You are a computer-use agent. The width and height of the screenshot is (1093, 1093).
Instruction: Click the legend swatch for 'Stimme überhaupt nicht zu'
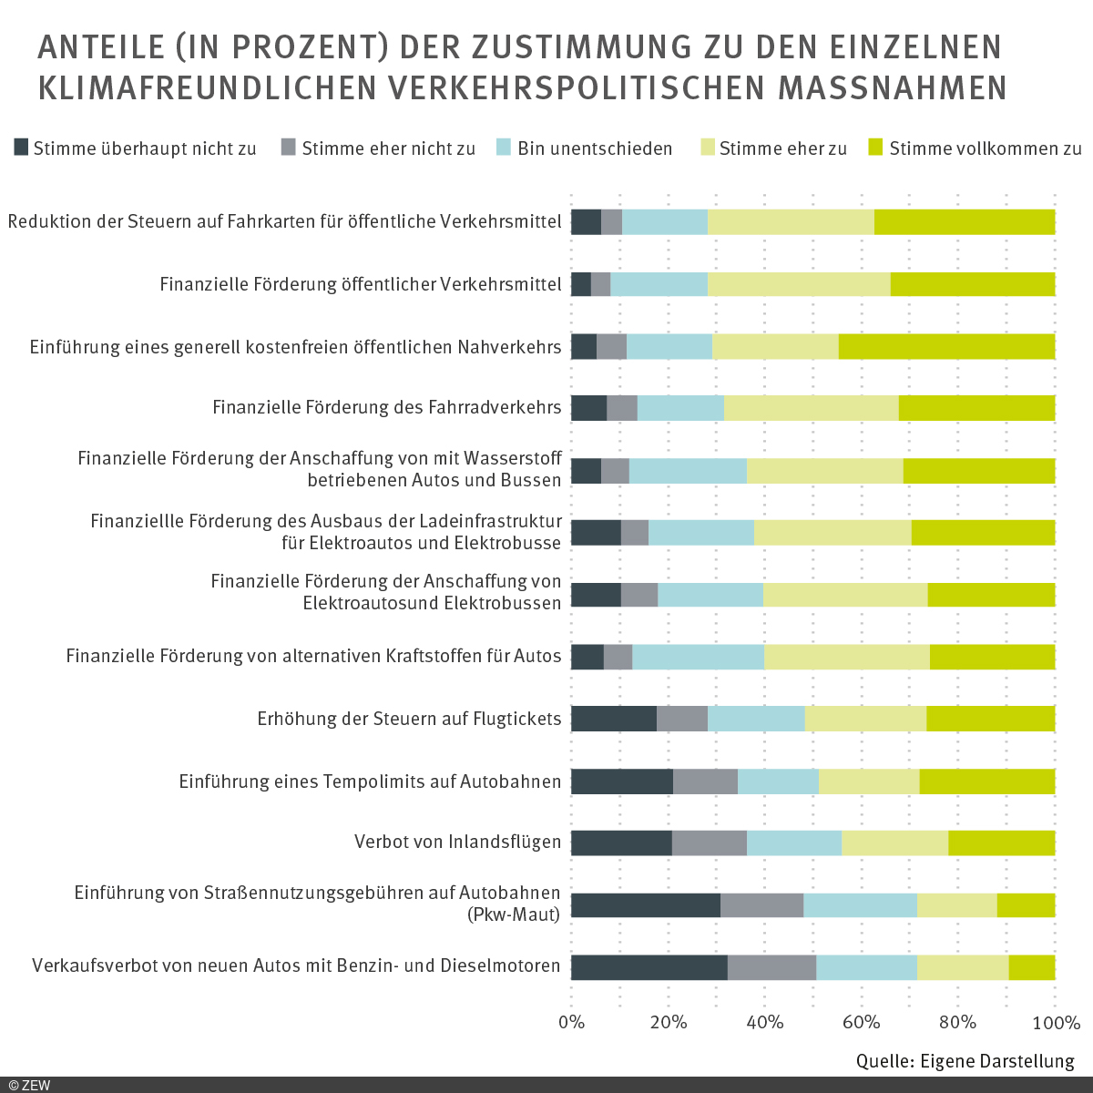(x=22, y=148)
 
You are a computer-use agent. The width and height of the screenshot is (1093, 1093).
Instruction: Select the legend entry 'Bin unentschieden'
(x=595, y=148)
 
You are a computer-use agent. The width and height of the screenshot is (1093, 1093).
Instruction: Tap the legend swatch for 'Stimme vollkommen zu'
(x=876, y=148)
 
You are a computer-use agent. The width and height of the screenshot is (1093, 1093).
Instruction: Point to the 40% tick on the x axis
(x=765, y=1022)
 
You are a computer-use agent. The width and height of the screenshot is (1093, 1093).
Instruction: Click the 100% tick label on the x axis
(x=1056, y=1022)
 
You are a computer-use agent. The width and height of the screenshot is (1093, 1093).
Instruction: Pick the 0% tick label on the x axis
(x=571, y=1022)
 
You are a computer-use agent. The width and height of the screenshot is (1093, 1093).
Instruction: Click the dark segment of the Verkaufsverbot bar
(x=649, y=967)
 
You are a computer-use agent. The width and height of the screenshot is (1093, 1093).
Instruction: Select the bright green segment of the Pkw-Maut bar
(x=1026, y=905)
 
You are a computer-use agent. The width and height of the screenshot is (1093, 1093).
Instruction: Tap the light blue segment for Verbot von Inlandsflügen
(x=793, y=843)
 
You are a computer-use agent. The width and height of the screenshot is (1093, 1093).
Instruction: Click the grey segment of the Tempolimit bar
(x=705, y=781)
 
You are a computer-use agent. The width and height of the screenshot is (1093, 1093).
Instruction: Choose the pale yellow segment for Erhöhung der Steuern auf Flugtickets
(x=865, y=719)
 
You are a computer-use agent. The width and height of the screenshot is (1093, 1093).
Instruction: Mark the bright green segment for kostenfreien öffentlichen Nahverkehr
(x=946, y=346)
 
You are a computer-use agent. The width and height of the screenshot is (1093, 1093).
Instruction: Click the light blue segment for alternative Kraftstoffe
(x=698, y=657)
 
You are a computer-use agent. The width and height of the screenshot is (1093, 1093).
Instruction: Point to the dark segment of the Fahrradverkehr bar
(x=588, y=408)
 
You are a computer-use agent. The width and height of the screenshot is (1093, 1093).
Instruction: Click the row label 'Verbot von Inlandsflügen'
(x=457, y=842)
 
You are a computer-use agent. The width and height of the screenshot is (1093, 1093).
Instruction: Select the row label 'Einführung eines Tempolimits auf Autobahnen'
(x=370, y=781)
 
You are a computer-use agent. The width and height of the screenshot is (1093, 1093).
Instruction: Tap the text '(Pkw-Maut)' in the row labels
(x=513, y=914)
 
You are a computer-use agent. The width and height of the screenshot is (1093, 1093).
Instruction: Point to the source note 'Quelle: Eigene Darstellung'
(x=965, y=1061)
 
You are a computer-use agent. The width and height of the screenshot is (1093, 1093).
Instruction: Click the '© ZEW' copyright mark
(x=30, y=1085)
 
